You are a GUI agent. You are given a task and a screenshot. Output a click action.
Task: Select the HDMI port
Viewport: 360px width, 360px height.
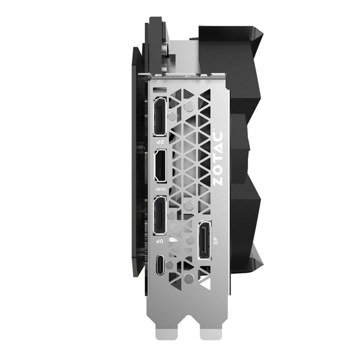pyautogui.click(x=161, y=166)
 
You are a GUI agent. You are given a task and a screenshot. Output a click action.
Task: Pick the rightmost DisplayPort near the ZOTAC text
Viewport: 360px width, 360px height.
pyautogui.click(x=205, y=240)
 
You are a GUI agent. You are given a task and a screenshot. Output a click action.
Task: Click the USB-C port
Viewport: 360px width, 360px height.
pyautogui.click(x=160, y=264)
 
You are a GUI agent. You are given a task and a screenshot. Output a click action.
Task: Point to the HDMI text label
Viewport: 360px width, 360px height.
pyautogui.click(x=161, y=189)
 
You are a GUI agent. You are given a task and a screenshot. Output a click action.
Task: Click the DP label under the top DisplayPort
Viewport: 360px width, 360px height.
pyautogui.click(x=161, y=141)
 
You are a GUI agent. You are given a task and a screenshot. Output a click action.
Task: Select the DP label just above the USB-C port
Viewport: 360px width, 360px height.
pyautogui.click(x=160, y=241)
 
